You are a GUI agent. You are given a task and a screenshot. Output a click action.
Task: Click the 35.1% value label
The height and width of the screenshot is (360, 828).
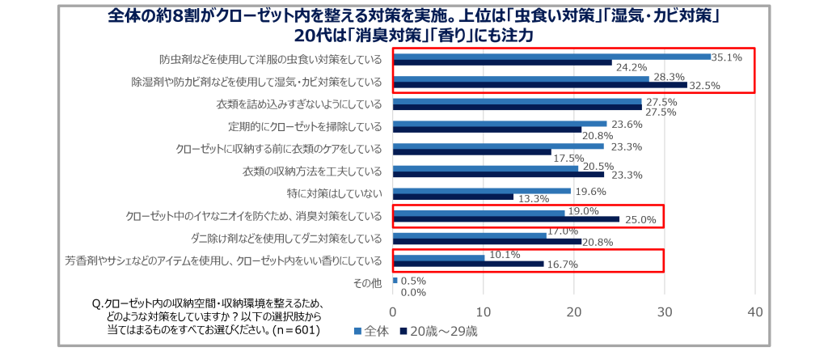(x=726, y=57)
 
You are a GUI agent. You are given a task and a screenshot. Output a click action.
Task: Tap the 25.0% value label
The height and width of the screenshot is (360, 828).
(x=637, y=219)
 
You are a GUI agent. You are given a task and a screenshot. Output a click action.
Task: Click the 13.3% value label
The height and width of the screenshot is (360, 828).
(x=530, y=197)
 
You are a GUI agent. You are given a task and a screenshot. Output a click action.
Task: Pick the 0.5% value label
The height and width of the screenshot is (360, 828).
(x=413, y=281)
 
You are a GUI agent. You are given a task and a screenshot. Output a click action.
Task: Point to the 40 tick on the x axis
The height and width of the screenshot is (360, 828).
(x=756, y=312)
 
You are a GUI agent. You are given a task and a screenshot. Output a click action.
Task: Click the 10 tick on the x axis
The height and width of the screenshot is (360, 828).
(x=484, y=312)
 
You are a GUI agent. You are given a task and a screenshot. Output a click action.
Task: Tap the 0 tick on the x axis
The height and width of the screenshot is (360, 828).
(x=393, y=312)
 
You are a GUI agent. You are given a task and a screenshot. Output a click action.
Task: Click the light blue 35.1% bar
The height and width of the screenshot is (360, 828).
(x=551, y=57)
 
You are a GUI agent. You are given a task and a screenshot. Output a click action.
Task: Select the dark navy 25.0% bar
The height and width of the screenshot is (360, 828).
(x=506, y=219)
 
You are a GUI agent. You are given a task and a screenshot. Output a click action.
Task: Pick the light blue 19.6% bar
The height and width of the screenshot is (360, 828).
(x=481, y=192)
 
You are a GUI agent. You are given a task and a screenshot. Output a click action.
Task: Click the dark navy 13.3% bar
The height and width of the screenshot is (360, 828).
(x=453, y=197)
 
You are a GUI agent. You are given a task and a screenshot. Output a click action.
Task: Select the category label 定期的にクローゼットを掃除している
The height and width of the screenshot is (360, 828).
(x=305, y=126)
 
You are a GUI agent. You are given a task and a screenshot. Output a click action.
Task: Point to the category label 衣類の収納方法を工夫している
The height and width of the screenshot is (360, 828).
(x=311, y=171)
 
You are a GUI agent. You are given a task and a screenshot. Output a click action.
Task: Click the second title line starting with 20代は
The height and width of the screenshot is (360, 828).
(x=414, y=36)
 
